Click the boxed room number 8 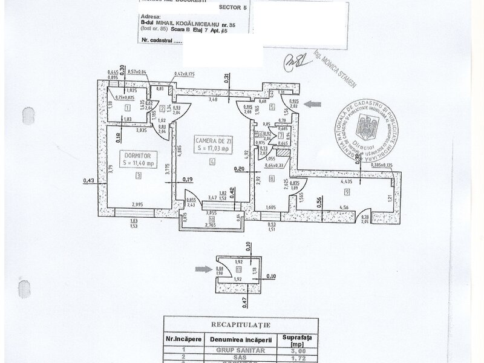click(272, 178)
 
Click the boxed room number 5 click(272, 107)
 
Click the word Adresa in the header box click(148, 18)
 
